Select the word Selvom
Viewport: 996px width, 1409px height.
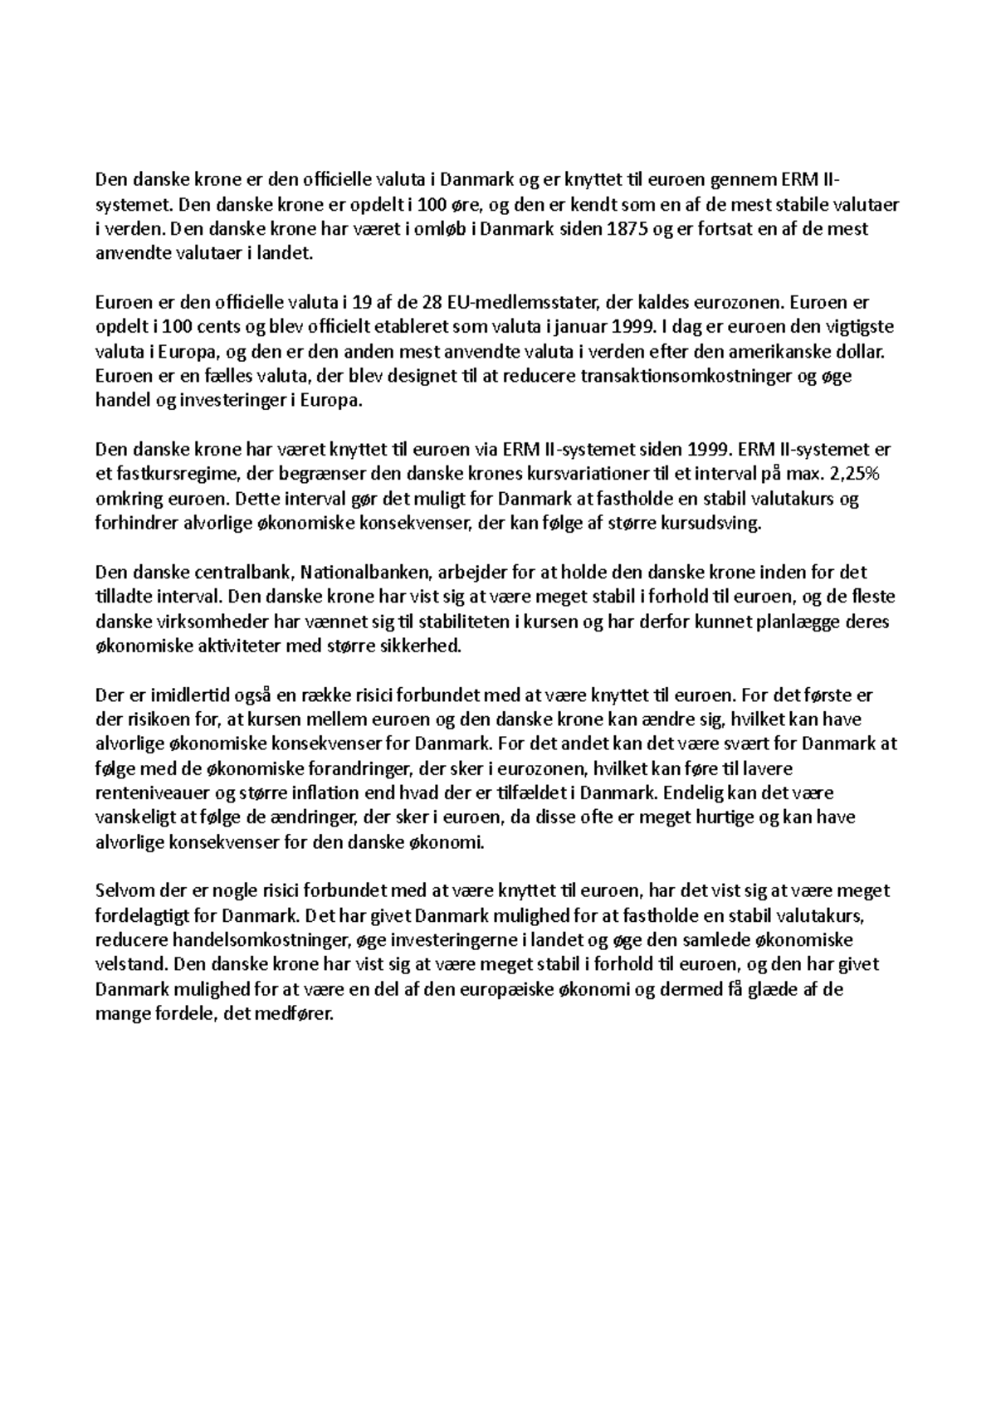124,891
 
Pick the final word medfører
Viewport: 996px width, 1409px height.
298,1014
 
